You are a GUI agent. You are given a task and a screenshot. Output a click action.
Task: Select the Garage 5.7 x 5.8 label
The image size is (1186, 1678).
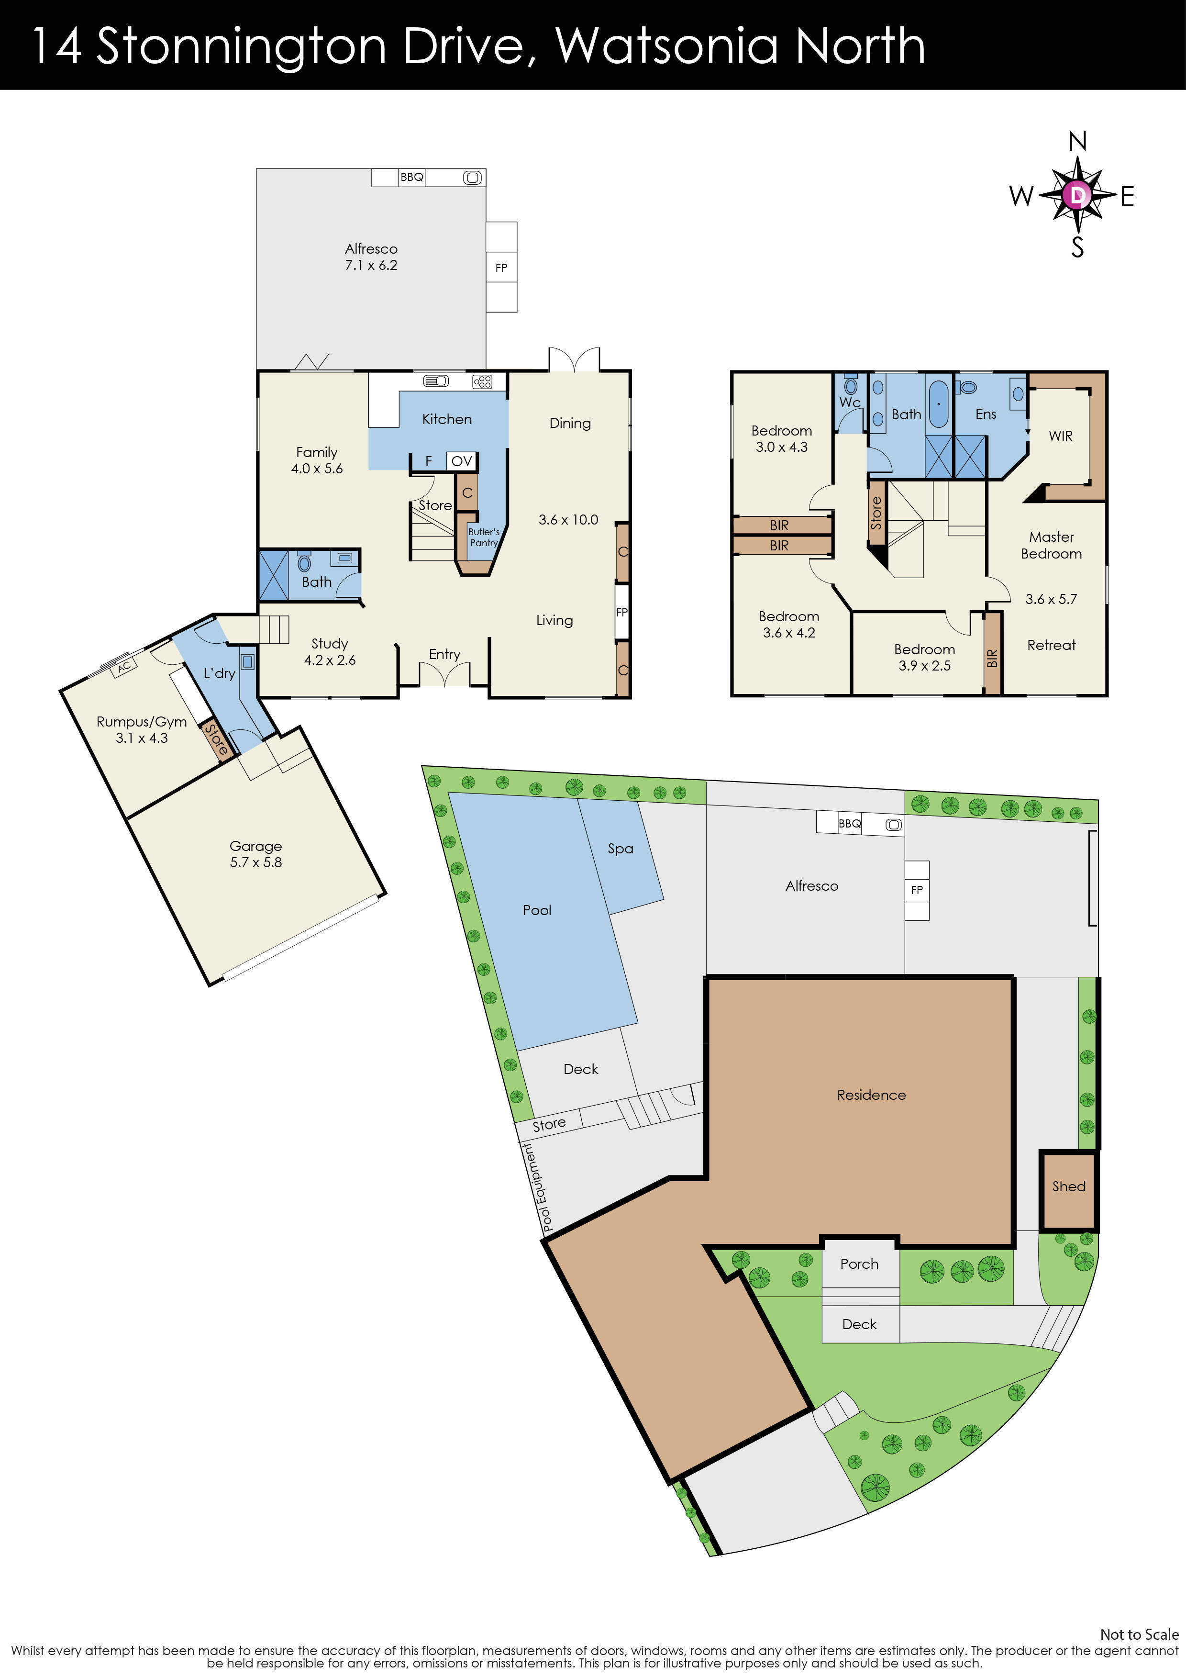(x=256, y=854)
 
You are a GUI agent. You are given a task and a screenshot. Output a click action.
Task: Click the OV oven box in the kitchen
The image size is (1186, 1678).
(x=462, y=461)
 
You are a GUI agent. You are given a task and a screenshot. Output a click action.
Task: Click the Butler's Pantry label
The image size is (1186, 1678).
(x=484, y=537)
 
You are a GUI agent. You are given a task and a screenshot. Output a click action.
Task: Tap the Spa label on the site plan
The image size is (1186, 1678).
(x=621, y=849)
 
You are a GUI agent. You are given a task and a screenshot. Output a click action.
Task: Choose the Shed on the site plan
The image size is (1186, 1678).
(x=1068, y=1186)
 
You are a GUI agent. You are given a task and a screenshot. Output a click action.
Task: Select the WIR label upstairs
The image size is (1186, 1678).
(x=1060, y=436)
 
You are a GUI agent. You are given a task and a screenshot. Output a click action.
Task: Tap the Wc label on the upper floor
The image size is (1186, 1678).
(x=850, y=403)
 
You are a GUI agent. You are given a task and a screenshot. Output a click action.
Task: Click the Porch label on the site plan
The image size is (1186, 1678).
(x=859, y=1264)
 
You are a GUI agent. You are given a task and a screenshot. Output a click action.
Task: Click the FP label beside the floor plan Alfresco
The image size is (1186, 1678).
(x=501, y=268)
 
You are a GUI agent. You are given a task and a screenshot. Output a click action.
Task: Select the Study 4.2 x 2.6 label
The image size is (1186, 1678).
(x=330, y=651)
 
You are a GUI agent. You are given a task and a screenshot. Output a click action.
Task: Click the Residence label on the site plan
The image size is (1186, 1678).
(x=871, y=1095)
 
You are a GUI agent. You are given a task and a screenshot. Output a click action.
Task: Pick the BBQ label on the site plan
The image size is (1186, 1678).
(x=849, y=824)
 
